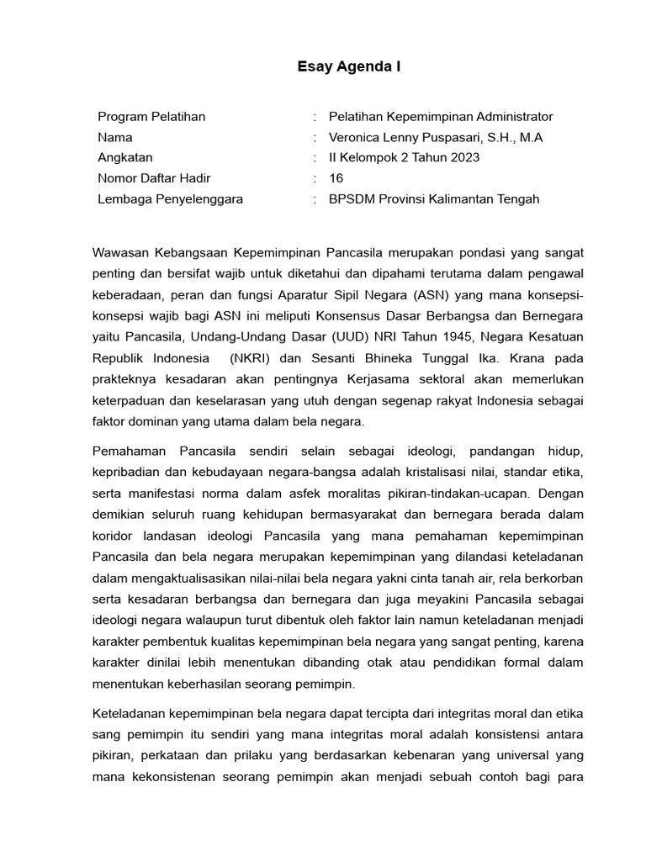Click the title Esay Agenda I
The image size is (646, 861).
[x=348, y=67]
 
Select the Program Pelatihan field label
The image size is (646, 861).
[x=151, y=117]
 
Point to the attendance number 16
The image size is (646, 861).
[x=336, y=178]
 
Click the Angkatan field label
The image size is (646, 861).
[x=125, y=158]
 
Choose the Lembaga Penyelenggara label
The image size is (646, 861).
[x=170, y=199]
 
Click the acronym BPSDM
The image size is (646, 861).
[x=352, y=199]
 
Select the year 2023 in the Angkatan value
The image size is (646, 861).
[x=463, y=158]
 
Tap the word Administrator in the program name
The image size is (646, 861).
[x=514, y=117]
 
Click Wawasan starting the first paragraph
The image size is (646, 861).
[x=123, y=252]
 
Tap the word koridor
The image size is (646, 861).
[x=115, y=536]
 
